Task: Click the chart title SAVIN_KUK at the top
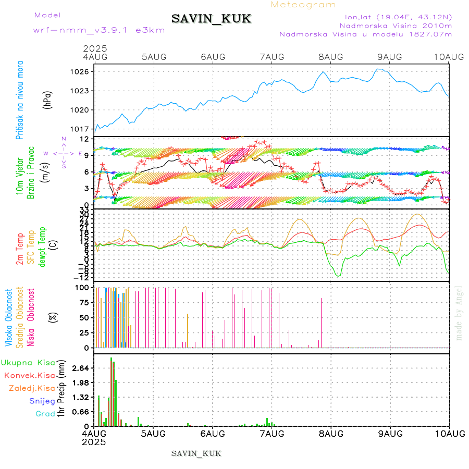pos(211,19)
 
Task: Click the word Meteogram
pos(303,5)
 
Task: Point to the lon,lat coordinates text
pos(395,17)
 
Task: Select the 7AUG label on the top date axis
pos(271,57)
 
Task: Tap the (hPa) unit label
pos(48,100)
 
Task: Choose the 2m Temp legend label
pos(20,250)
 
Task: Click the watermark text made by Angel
pos(459,313)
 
